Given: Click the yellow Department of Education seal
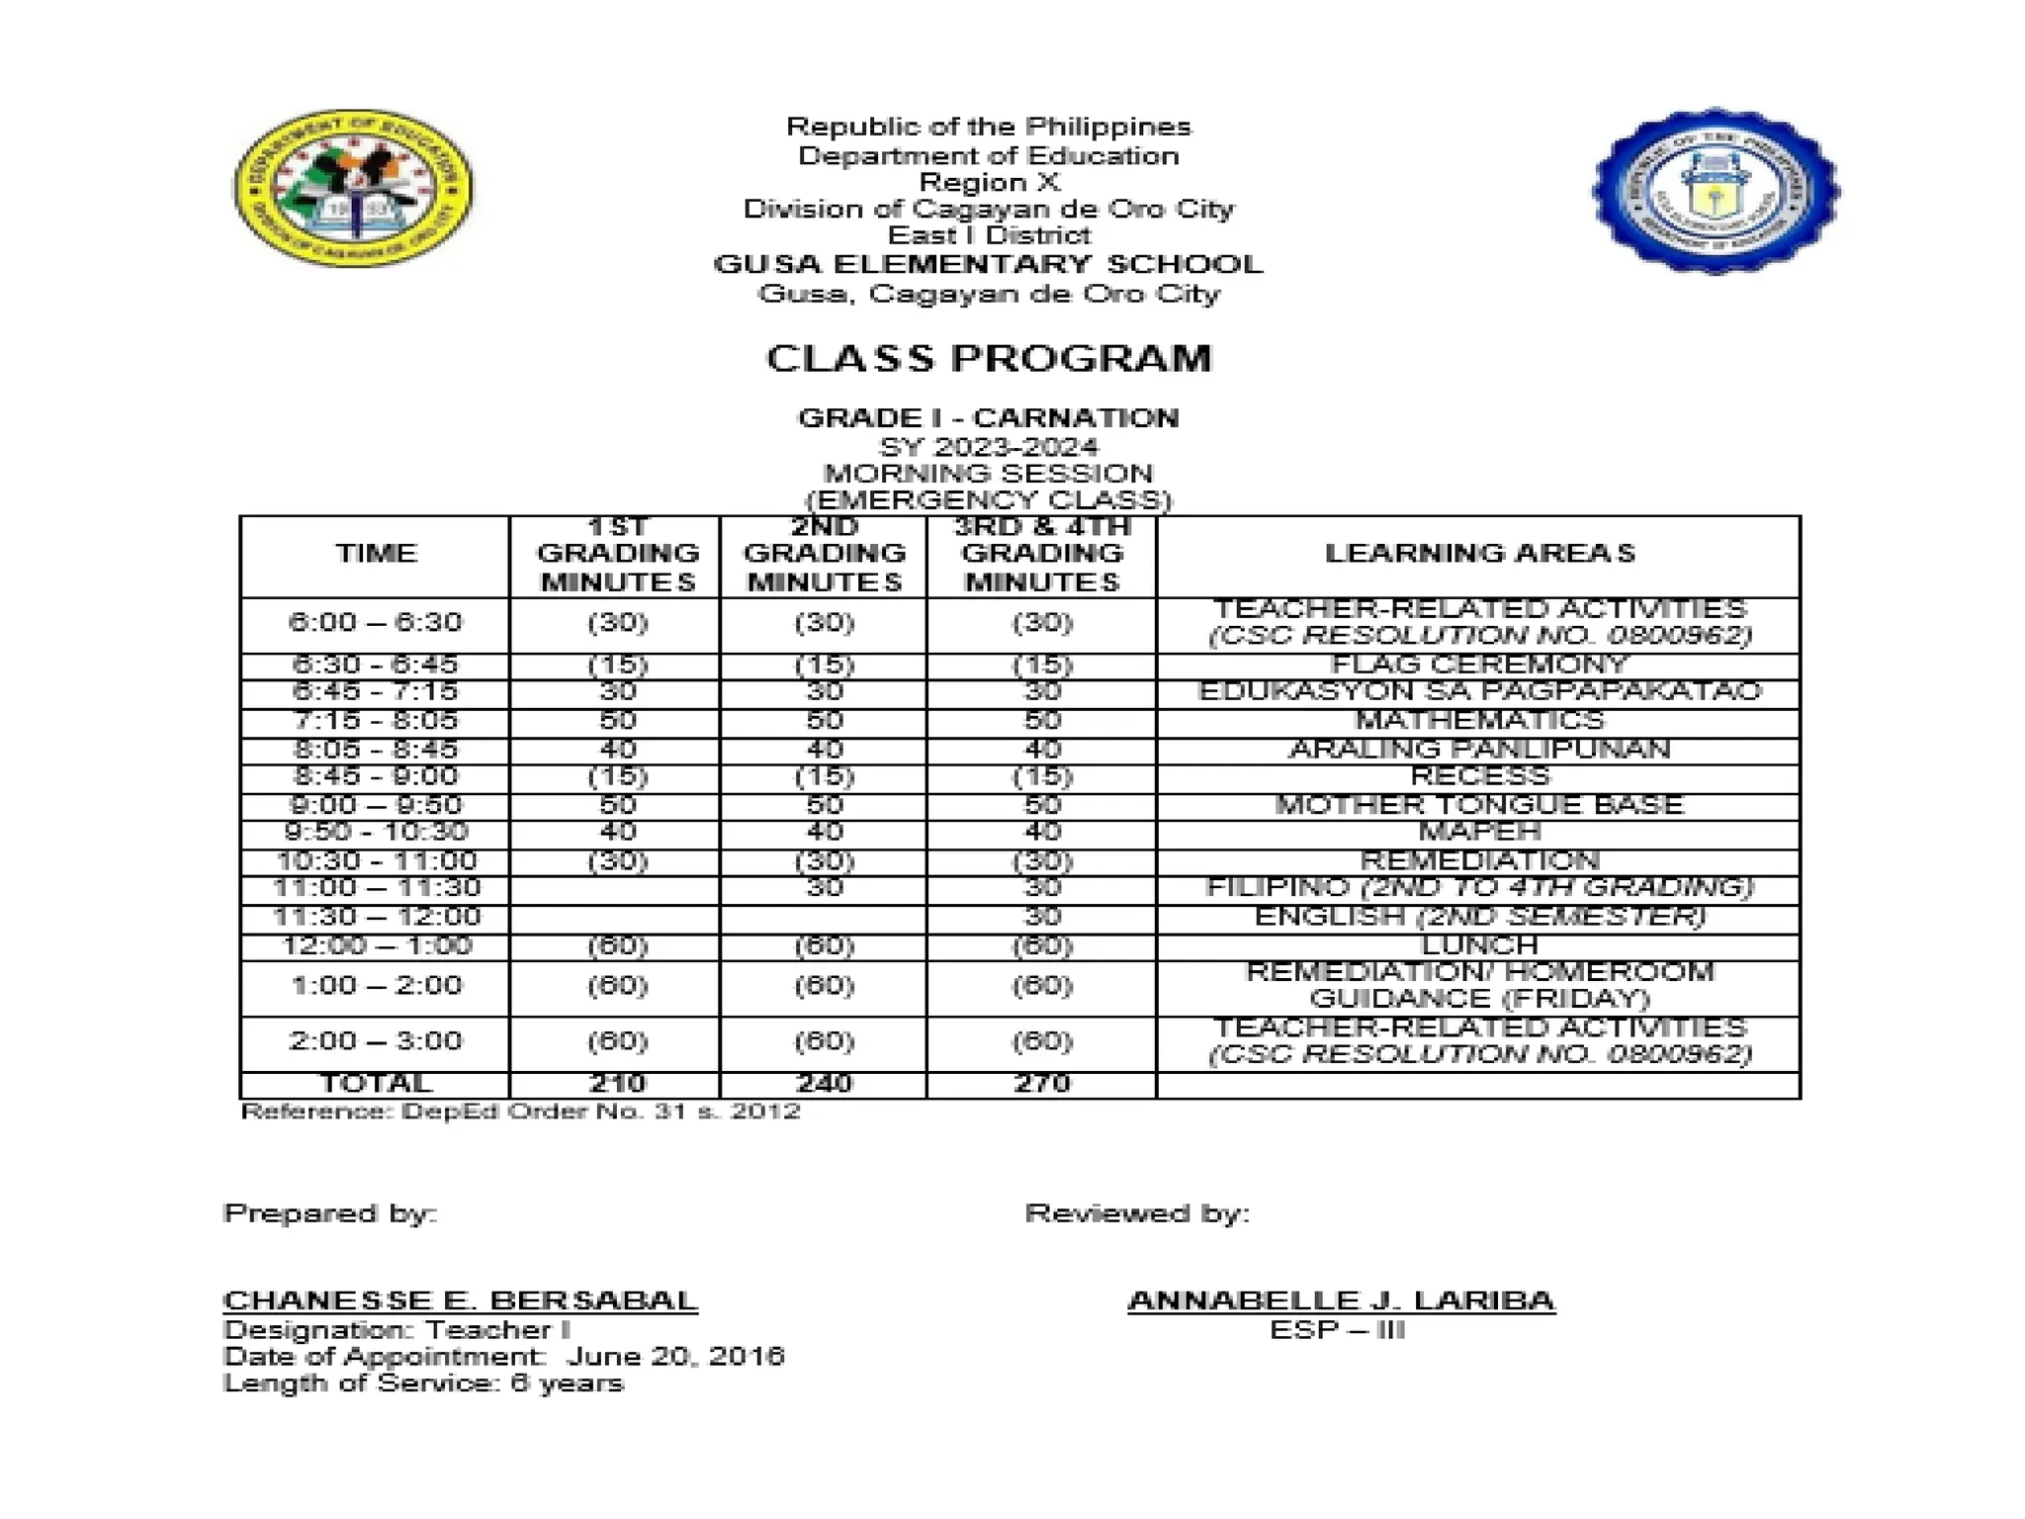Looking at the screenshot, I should pyautogui.click(x=353, y=188).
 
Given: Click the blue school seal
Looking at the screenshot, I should pyautogui.click(x=1716, y=191).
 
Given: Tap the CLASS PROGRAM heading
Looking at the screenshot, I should pyautogui.click(x=989, y=358).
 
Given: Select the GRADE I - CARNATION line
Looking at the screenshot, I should pyautogui.click(x=989, y=417).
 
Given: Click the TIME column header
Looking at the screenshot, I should pyautogui.click(x=376, y=553).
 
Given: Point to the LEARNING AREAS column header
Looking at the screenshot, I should pyautogui.click(x=1479, y=553).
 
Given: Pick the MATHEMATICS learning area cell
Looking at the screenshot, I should pyautogui.click(x=1479, y=720).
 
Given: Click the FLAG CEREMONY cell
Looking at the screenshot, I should pyautogui.click(x=1479, y=665).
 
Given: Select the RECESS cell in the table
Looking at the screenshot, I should pyautogui.click(x=1479, y=776).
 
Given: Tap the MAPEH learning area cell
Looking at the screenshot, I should pyautogui.click(x=1479, y=832).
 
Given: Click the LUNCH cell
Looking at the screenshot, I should pyautogui.click(x=1479, y=945).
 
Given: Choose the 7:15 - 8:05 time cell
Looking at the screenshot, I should pyautogui.click(x=376, y=720).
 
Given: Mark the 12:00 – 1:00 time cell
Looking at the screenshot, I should pyautogui.click(x=376, y=945).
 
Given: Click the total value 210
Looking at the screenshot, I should pyautogui.click(x=617, y=1083).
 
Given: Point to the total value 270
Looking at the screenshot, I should pyautogui.click(x=1042, y=1083).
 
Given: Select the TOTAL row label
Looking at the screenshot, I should pyautogui.click(x=376, y=1083).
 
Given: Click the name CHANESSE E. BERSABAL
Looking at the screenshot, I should pyautogui.click(x=461, y=1299).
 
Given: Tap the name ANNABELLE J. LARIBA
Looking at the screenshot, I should pyautogui.click(x=1341, y=1299).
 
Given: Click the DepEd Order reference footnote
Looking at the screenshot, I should pyautogui.click(x=521, y=1112).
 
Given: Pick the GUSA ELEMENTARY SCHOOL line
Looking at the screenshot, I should pyautogui.click(x=989, y=264).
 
